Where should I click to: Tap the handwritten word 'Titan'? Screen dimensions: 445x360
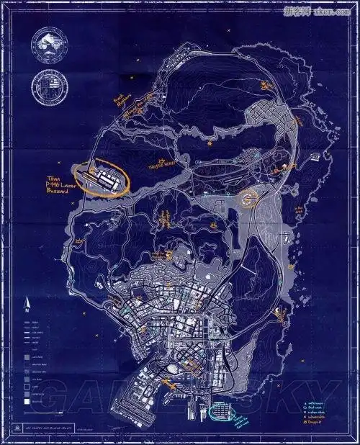(x=53, y=177)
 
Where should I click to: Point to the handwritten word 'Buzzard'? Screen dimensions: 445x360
(x=58, y=195)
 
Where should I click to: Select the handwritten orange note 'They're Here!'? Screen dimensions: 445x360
(x=161, y=163)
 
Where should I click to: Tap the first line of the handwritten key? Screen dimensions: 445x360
(x=317, y=403)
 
